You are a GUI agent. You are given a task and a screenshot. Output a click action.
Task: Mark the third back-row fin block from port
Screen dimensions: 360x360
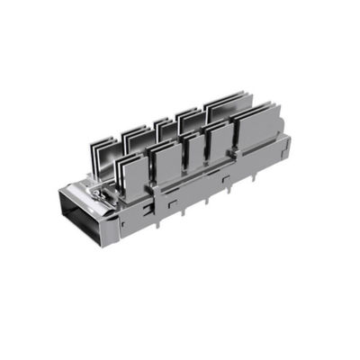coord(164,129)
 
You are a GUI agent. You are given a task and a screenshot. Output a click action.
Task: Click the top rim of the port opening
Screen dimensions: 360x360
coord(86,192)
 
